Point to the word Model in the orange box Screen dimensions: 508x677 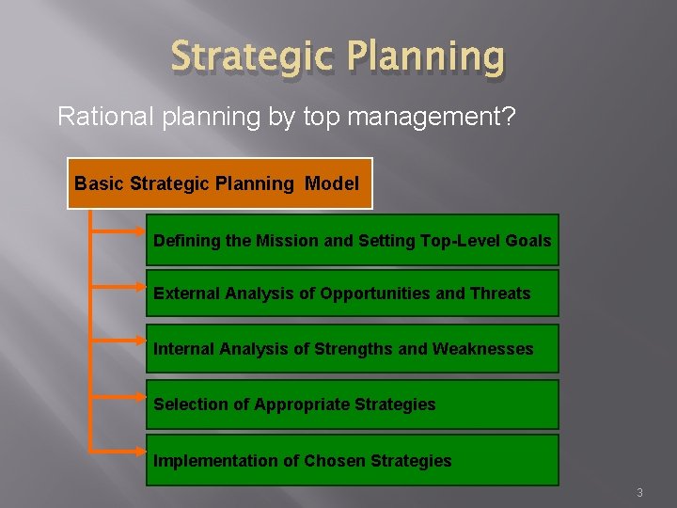click(x=331, y=183)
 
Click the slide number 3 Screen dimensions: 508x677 click(x=639, y=493)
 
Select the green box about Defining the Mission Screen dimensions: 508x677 click(x=352, y=240)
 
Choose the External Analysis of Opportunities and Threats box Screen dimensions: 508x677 click(x=352, y=294)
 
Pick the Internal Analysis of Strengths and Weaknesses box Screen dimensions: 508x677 click(x=352, y=349)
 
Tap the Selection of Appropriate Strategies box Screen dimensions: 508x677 click(x=352, y=405)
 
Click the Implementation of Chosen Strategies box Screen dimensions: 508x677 click(x=352, y=461)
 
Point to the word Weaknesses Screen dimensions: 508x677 click(x=482, y=349)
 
